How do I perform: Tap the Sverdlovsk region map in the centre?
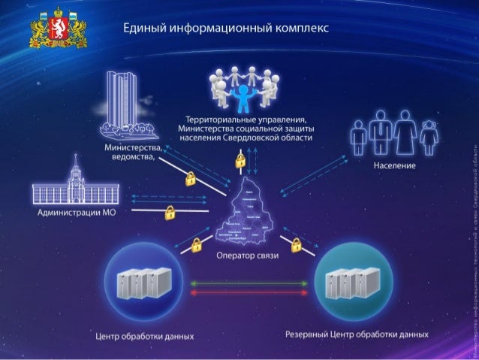tap(248, 214)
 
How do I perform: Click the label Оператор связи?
tap(247, 256)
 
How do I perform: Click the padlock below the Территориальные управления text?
tap(240, 160)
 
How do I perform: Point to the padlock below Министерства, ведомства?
tap(191, 179)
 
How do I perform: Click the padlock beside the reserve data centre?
tap(297, 244)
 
